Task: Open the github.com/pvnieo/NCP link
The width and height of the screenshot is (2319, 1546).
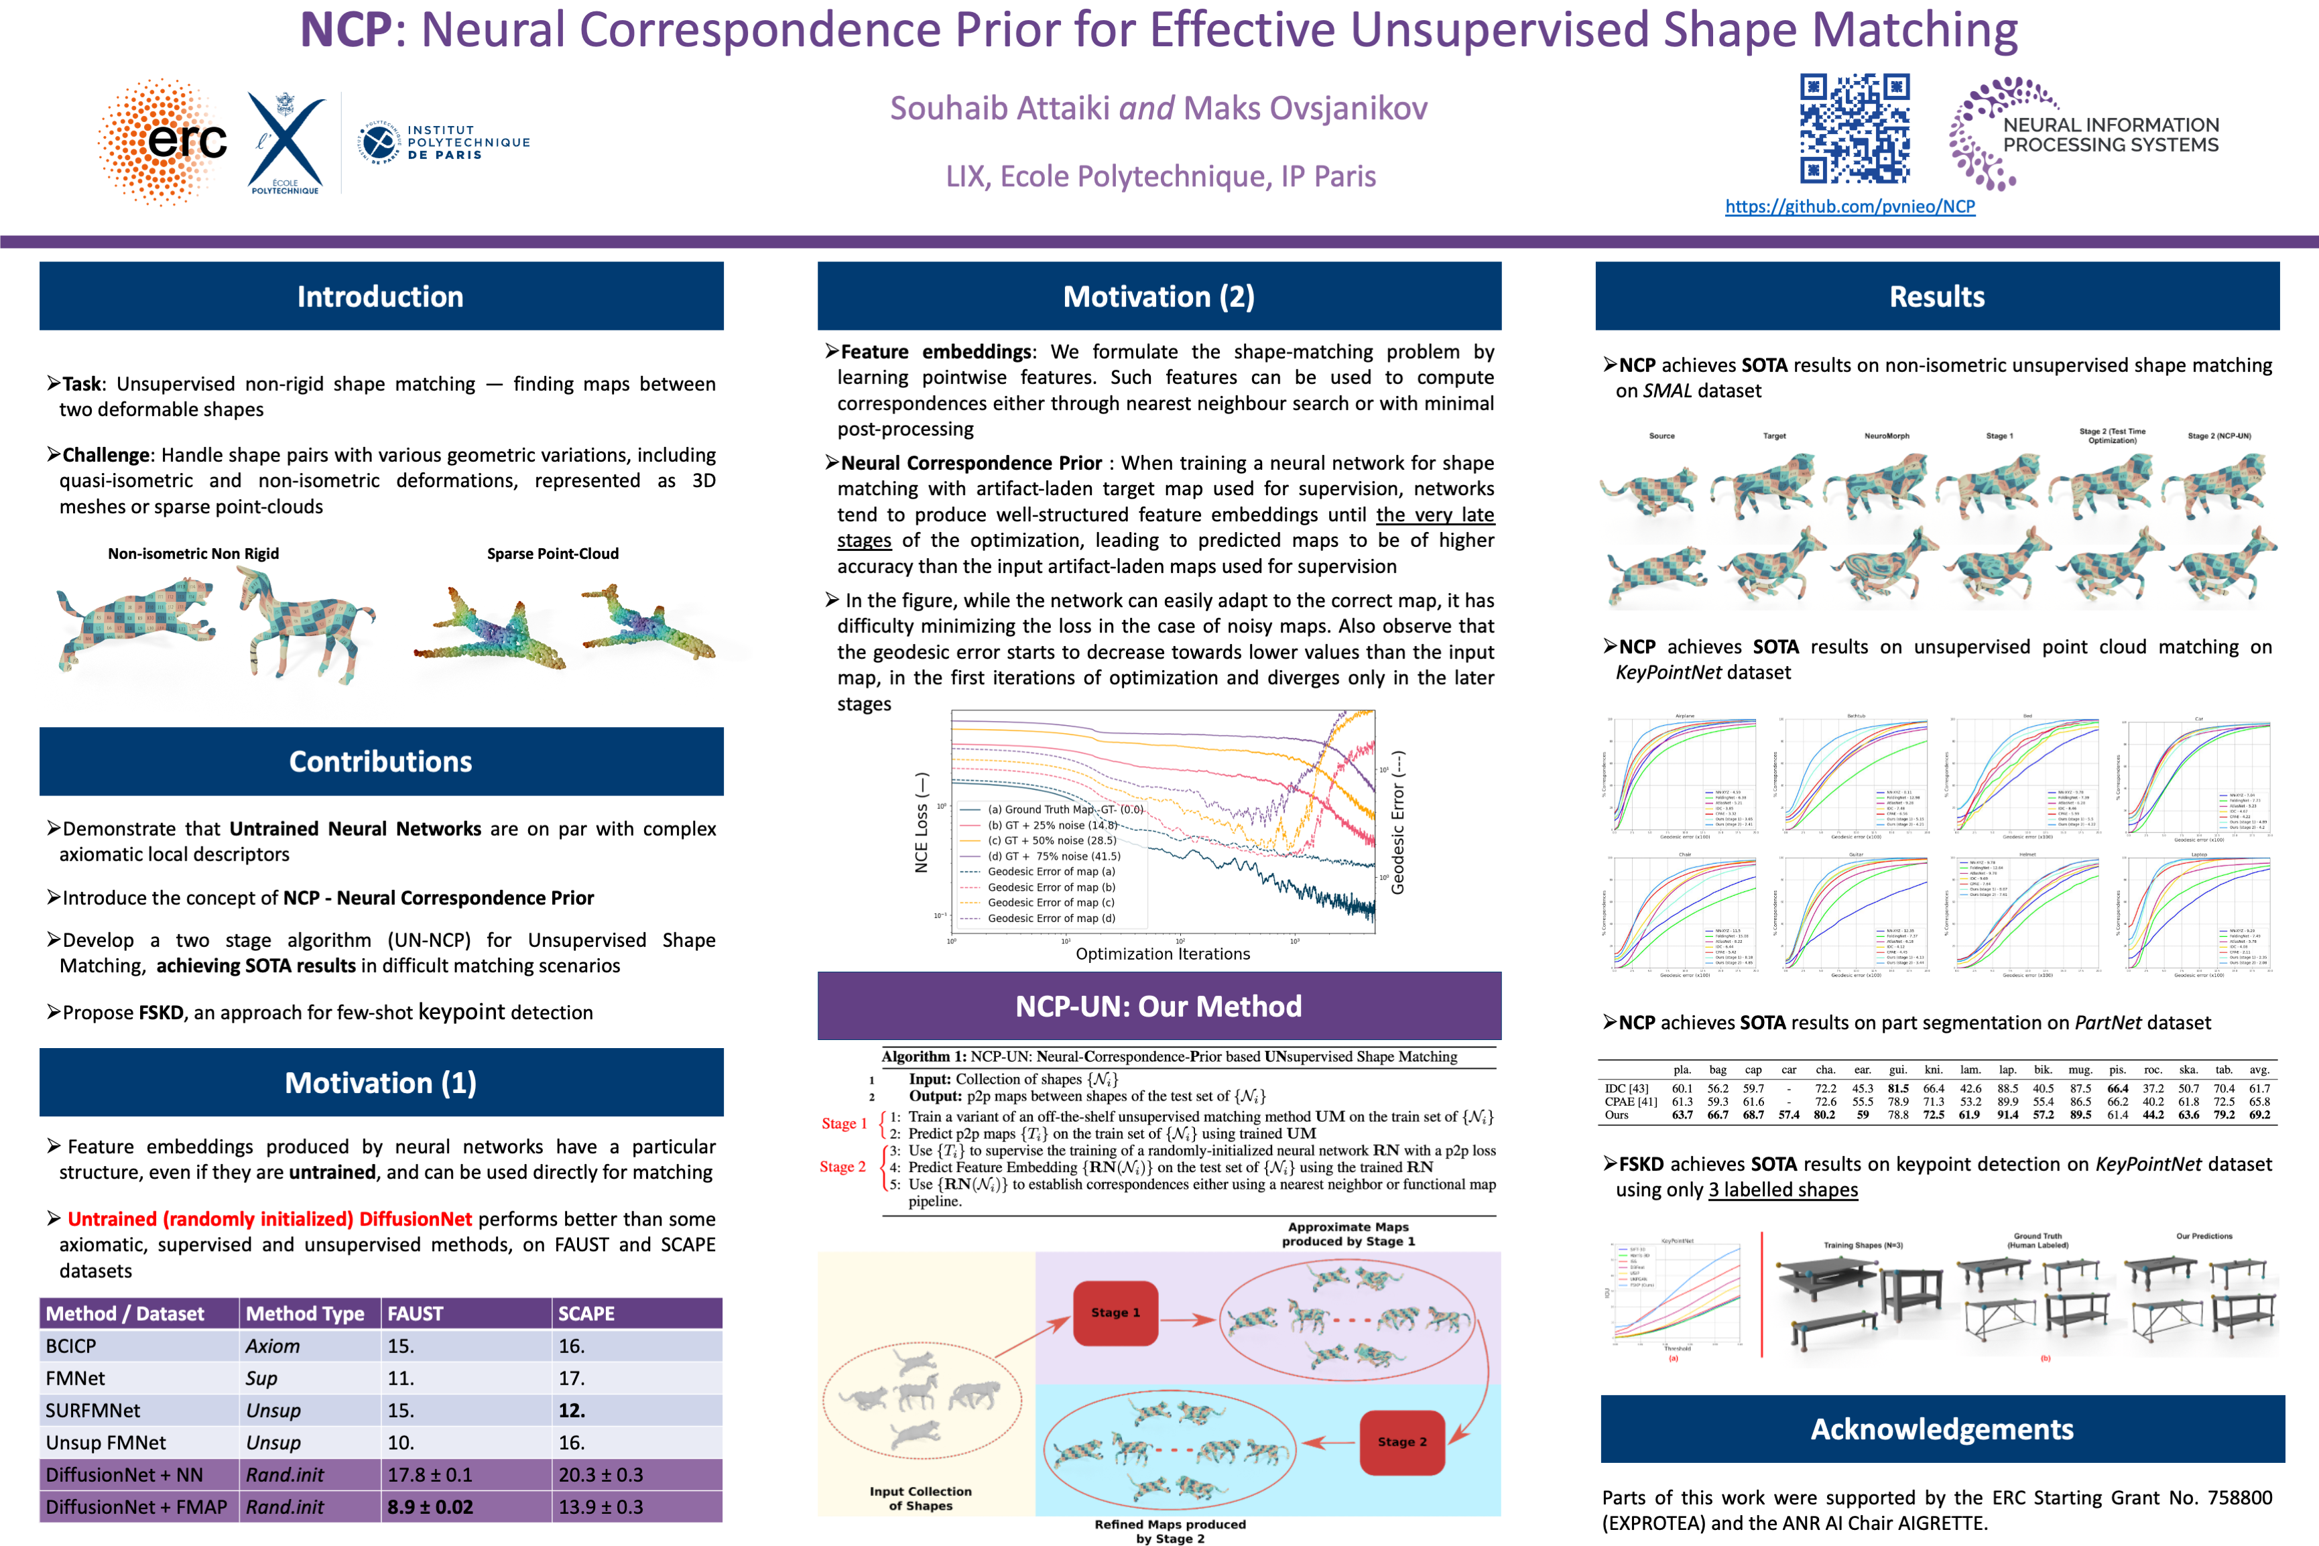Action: coord(1850,207)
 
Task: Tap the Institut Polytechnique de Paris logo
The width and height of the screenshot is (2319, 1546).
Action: coord(444,143)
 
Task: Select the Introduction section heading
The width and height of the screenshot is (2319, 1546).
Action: coord(381,297)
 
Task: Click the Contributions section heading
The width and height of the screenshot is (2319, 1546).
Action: coord(381,762)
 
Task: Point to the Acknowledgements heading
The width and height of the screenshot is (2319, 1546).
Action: coord(1942,1429)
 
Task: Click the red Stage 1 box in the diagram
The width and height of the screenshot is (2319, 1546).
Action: coord(1115,1312)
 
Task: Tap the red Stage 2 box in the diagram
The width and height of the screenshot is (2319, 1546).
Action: coord(1401,1441)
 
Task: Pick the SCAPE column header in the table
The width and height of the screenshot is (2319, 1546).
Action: coord(586,1313)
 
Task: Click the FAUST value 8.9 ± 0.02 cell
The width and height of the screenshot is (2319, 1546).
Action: coord(430,1506)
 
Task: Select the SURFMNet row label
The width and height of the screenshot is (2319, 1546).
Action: coord(92,1410)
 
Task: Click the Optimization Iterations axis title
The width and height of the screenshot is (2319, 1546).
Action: coord(1162,954)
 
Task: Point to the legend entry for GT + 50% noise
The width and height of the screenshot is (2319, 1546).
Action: coord(1051,841)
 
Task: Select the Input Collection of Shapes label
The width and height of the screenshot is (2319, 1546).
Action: coord(920,1498)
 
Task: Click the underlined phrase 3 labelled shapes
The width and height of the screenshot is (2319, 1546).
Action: coord(1783,1190)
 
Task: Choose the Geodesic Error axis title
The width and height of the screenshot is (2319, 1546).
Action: coord(1397,822)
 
